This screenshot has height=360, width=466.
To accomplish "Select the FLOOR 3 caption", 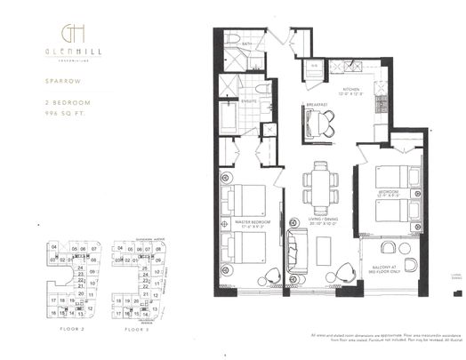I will pyautogui.click(x=136, y=329).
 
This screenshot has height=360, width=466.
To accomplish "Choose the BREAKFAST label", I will pyautogui.click(x=316, y=105).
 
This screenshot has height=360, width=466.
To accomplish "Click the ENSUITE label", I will pyautogui.click(x=250, y=101).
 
